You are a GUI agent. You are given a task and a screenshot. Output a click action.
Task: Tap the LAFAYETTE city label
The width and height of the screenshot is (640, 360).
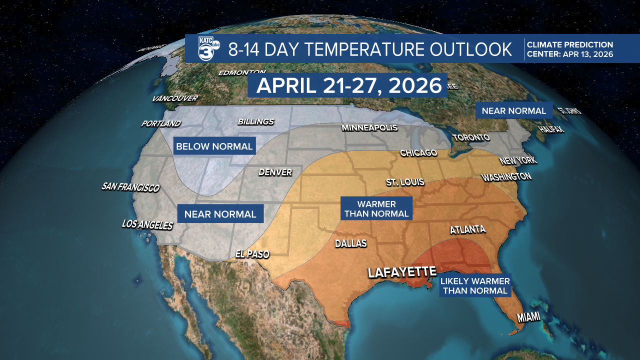(x=402, y=272)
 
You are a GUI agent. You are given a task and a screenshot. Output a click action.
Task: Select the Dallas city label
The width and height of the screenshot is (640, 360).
(x=350, y=243)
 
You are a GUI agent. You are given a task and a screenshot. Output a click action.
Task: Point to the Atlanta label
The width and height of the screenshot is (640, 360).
(x=467, y=230)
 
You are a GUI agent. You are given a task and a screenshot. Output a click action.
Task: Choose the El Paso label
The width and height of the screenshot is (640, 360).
(x=252, y=254)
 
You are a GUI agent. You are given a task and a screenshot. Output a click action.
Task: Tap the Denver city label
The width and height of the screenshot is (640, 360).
(x=275, y=172)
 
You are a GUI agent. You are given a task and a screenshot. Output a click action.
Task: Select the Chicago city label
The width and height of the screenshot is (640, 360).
(x=418, y=153)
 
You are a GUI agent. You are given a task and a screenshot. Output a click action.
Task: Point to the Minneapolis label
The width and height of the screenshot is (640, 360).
(x=369, y=128)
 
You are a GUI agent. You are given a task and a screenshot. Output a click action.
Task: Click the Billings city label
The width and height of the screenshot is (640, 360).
(x=255, y=122)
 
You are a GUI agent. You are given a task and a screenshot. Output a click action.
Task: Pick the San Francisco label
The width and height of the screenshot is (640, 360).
(x=130, y=187)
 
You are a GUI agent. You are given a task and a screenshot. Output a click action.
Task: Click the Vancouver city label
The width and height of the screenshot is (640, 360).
(x=175, y=98)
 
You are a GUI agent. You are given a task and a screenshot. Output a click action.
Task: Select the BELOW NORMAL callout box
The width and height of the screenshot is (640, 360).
(x=214, y=146)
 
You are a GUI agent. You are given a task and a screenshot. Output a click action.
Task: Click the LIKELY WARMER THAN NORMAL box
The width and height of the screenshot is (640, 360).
(x=475, y=285)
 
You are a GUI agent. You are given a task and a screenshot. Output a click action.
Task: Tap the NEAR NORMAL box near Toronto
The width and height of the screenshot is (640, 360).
(x=513, y=110)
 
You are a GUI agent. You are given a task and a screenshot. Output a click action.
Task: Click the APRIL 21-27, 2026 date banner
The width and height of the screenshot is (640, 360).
(x=347, y=85)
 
